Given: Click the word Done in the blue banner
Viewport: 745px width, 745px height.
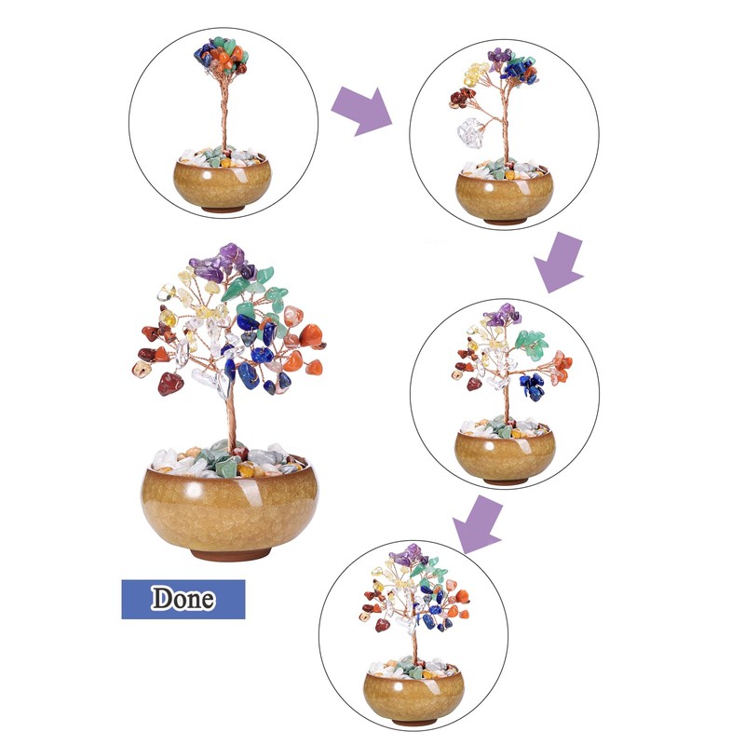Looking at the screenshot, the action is tap(183, 598).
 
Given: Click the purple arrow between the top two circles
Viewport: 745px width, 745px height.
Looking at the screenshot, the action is tap(362, 111).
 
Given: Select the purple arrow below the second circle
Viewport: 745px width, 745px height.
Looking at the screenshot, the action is tap(560, 262).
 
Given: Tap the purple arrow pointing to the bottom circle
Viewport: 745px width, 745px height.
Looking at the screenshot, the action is tap(478, 523).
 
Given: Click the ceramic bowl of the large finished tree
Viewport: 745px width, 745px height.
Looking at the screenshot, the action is tap(229, 509).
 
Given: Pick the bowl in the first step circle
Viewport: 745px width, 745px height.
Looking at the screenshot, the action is tap(222, 183).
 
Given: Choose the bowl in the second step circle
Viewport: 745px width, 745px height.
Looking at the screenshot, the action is tap(505, 196).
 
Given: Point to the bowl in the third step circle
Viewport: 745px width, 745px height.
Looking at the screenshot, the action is tap(505, 455).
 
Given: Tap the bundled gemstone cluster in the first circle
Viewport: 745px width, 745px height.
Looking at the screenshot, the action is tap(222, 56).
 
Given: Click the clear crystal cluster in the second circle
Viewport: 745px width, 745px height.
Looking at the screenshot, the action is tap(471, 132).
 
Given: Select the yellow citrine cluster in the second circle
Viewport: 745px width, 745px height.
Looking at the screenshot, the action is tap(476, 74).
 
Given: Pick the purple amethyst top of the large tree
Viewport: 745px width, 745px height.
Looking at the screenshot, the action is tap(222, 263).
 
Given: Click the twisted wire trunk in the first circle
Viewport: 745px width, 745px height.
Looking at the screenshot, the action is tap(223, 112).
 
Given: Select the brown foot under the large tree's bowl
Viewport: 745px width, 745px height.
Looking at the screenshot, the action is tap(230, 554).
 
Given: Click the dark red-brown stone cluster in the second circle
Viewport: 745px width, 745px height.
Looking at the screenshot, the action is tap(462, 98).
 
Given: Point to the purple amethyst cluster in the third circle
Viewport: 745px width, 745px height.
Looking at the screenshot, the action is tap(502, 315).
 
